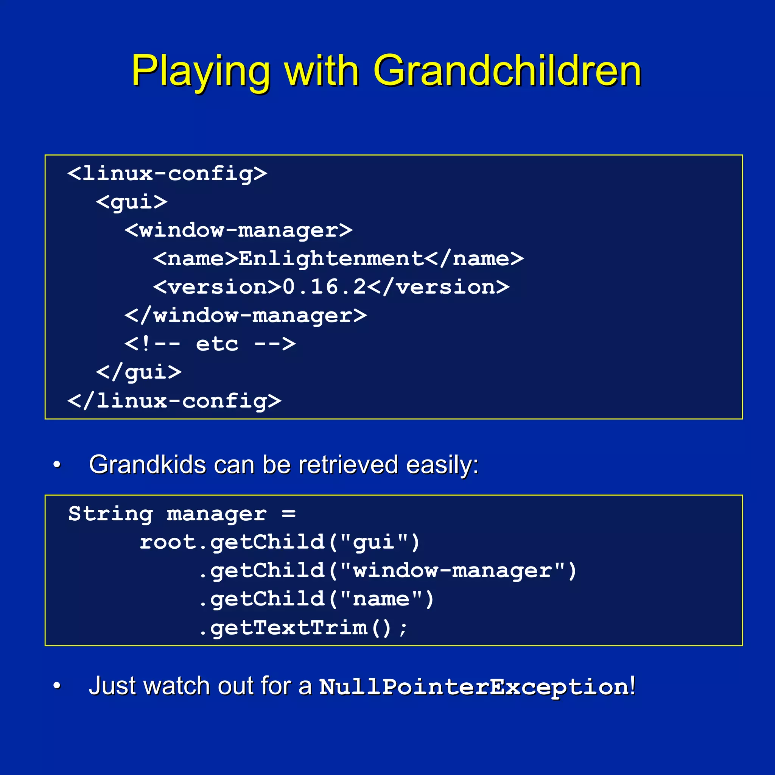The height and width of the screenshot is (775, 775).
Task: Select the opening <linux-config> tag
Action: tap(167, 174)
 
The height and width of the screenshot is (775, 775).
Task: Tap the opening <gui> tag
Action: tap(132, 202)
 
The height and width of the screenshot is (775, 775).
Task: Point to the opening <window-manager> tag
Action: tap(239, 230)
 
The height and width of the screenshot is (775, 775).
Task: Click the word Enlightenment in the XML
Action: tap(331, 259)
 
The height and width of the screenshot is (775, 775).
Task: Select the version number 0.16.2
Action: tap(324, 287)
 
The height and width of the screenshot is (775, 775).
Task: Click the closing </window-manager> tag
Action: tap(246, 316)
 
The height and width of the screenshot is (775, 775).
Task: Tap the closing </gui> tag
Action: tap(139, 373)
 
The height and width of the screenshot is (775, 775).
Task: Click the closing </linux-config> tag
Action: tap(174, 401)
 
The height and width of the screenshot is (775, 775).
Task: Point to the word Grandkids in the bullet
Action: tap(148, 465)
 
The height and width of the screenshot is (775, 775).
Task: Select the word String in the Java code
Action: tap(110, 514)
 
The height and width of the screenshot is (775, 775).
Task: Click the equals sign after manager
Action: tap(288, 514)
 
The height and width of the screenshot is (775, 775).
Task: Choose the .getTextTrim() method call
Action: tap(303, 628)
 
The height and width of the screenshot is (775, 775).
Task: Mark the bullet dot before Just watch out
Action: tap(57, 686)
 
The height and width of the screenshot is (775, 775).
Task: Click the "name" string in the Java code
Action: tap(381, 599)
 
